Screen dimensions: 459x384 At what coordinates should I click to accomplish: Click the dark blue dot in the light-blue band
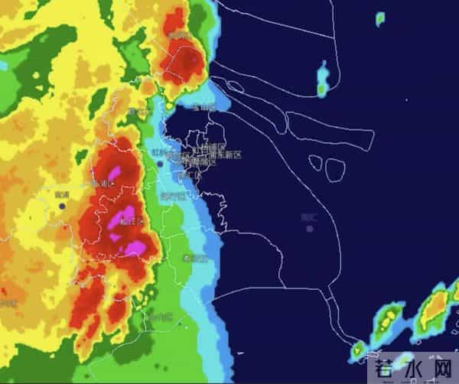pos(160,163)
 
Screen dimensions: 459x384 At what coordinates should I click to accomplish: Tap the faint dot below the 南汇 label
pos(309,229)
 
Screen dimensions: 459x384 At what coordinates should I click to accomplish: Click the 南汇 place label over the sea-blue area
pos(308,217)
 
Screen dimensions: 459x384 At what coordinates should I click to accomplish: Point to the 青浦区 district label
pos(103,184)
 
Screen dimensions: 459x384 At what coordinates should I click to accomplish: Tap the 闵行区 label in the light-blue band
pos(173,196)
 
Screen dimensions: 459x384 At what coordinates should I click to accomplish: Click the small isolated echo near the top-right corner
pos(380,18)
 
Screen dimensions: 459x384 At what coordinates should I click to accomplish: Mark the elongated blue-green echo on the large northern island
pos(323,80)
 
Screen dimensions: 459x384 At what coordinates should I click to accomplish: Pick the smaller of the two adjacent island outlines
pos(314,161)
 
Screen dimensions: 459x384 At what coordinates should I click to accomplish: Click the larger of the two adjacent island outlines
pos(335,169)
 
